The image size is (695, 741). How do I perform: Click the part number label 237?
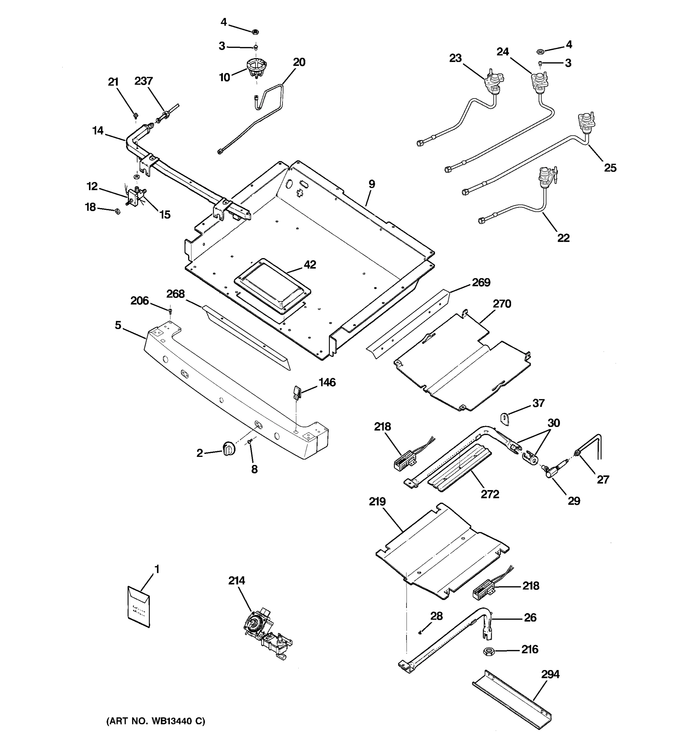[x=144, y=81]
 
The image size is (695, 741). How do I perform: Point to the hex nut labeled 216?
[x=488, y=651]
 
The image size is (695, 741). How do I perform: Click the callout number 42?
[x=310, y=265]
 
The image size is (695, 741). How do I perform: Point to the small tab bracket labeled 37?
[x=504, y=418]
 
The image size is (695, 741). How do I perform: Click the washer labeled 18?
[x=117, y=211]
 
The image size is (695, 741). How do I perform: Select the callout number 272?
[x=490, y=494]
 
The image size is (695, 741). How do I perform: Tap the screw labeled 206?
[x=171, y=310]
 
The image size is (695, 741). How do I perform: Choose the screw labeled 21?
[x=136, y=117]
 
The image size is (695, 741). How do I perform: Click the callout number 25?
[x=610, y=168]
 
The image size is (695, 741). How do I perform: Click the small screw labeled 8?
[x=250, y=442]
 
